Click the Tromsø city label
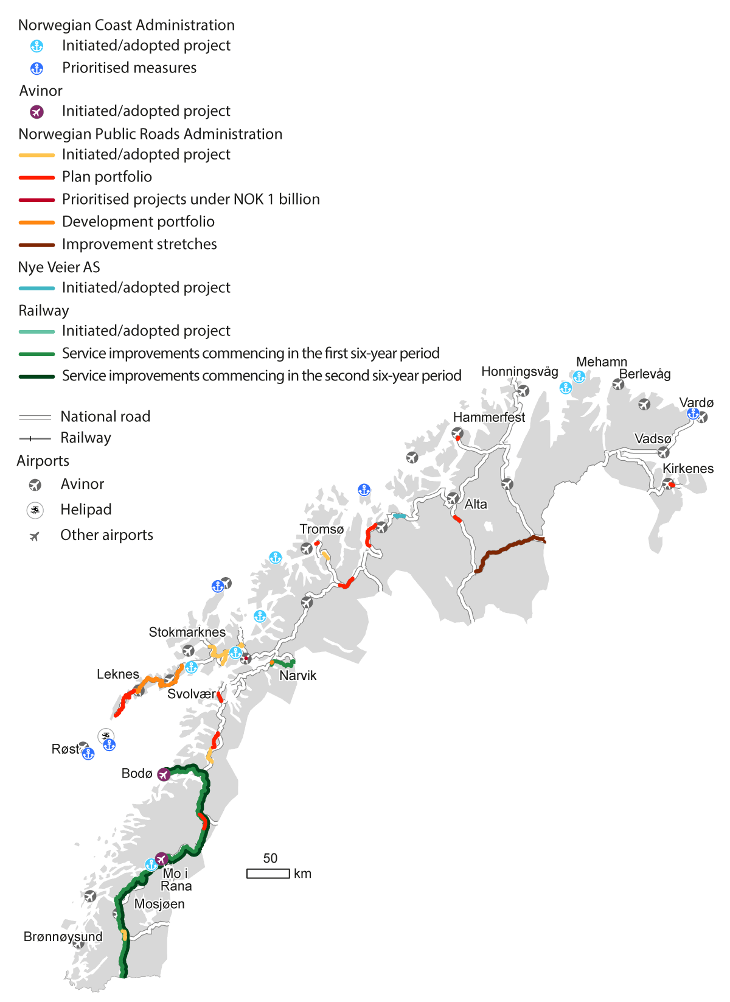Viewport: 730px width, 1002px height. [321, 530]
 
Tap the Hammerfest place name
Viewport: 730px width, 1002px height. [488, 418]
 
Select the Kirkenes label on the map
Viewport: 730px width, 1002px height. [687, 469]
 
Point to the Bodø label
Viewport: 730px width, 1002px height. [136, 774]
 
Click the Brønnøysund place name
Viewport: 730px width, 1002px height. [63, 937]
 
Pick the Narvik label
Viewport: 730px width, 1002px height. [297, 676]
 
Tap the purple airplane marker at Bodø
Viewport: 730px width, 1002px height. [164, 774]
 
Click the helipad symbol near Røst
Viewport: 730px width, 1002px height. [106, 736]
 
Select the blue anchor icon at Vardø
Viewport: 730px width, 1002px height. [692, 413]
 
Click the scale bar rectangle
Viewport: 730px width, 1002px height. [268, 874]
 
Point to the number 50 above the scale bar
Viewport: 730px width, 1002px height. [270, 858]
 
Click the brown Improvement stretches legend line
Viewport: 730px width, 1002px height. [36, 245]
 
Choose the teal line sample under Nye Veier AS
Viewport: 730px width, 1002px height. [36, 288]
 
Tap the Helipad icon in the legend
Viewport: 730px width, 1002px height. [35, 510]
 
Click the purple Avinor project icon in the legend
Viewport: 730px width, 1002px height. [37, 112]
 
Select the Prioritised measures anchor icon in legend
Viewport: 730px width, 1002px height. [37, 68]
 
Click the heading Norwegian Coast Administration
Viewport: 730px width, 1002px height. [126, 25]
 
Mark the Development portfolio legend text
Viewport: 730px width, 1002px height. [138, 222]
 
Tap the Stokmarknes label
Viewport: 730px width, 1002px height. [187, 632]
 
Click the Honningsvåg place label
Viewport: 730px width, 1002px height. [520, 372]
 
